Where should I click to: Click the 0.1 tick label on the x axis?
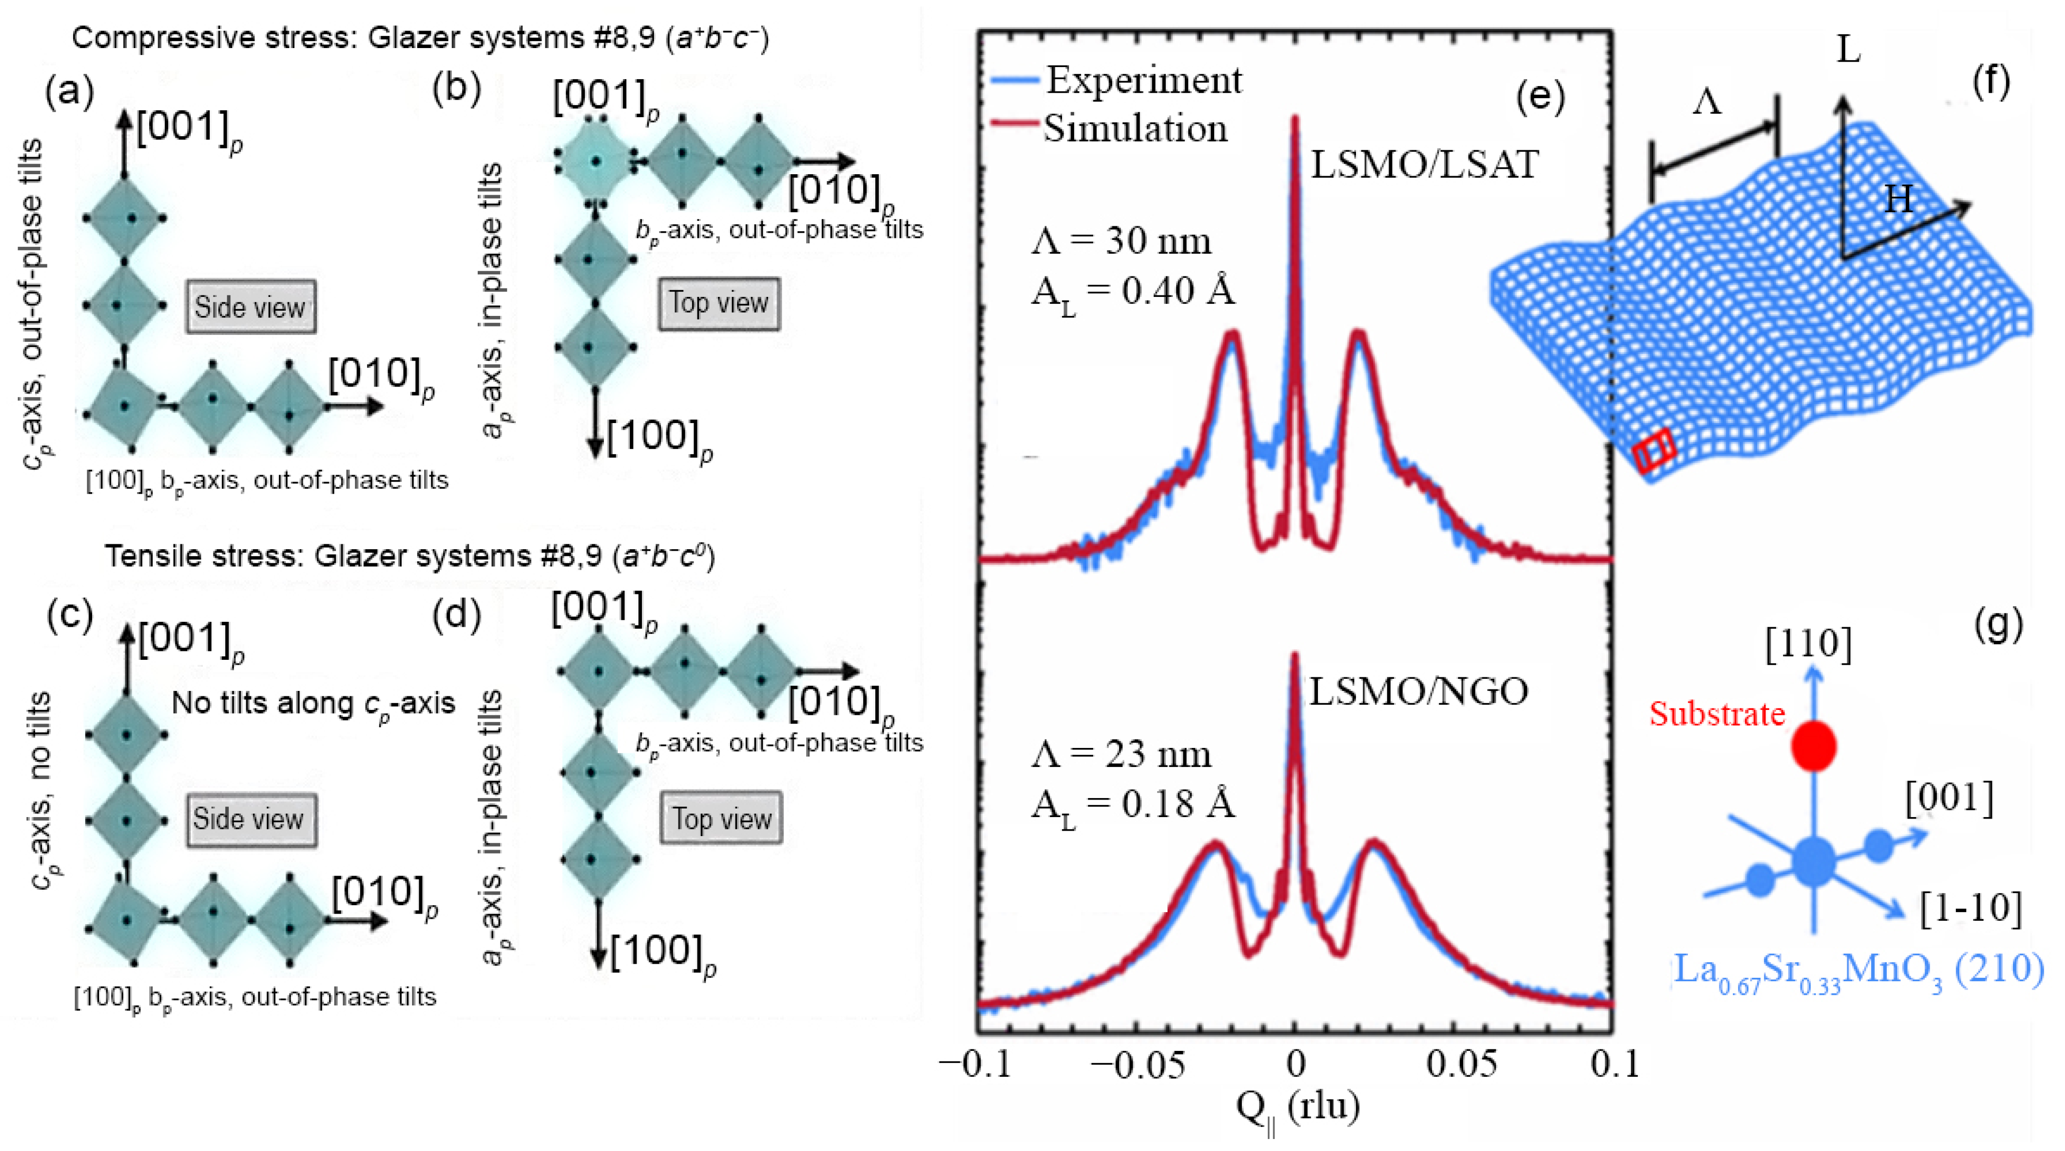click(x=1614, y=1063)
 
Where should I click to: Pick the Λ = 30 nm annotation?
click(x=1121, y=240)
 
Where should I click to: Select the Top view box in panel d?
click(x=721, y=819)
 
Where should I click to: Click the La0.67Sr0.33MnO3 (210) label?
click(x=1858, y=971)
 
